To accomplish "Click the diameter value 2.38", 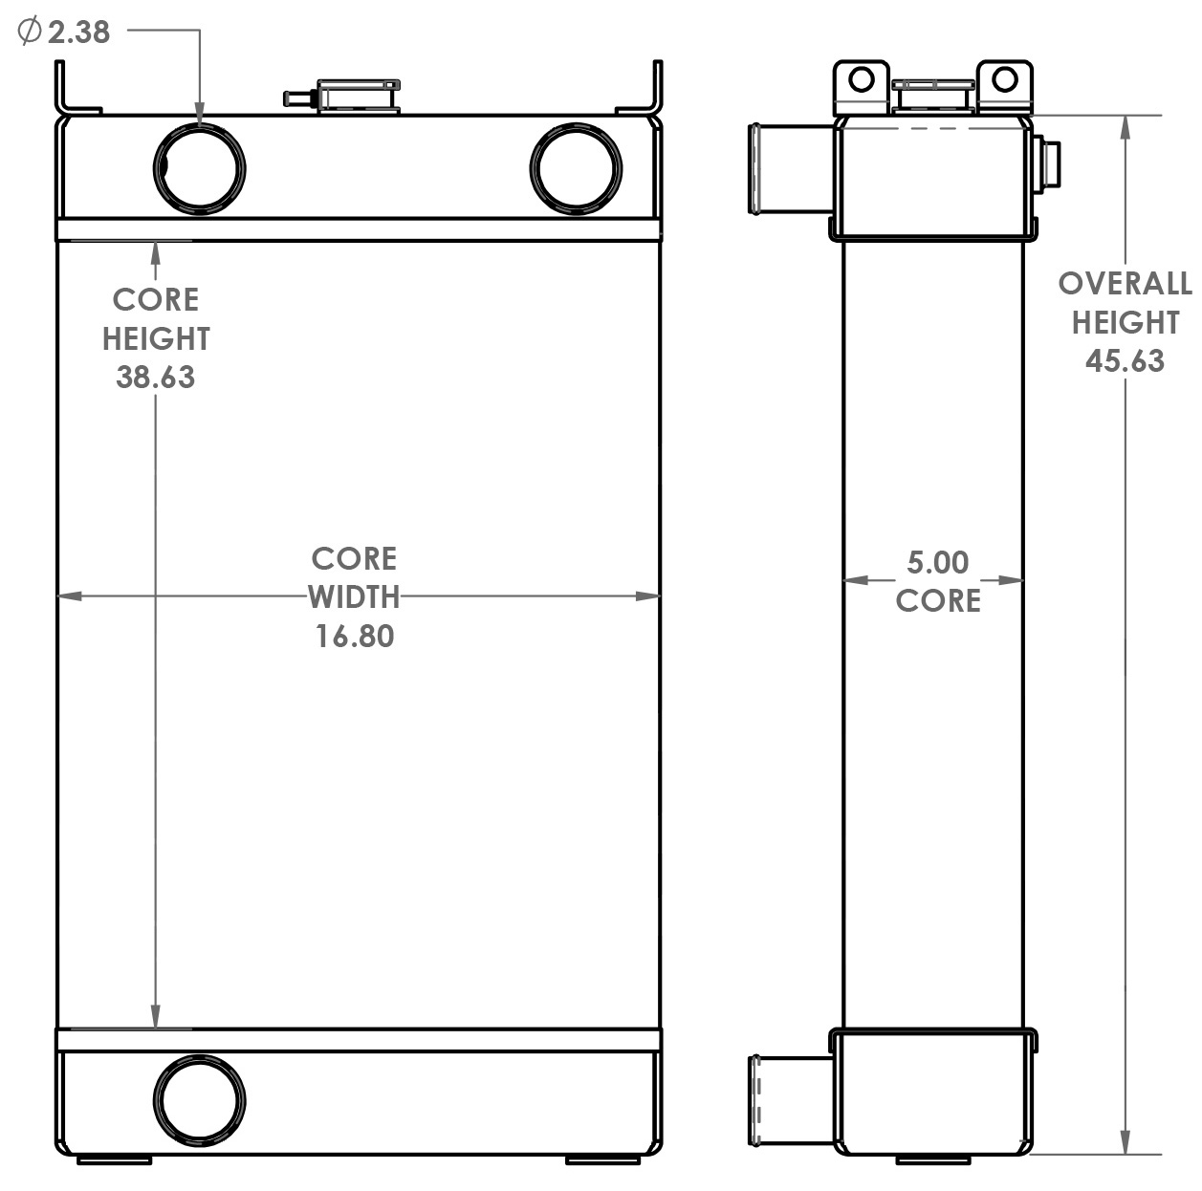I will pyautogui.click(x=78, y=32).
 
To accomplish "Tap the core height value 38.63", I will pyautogui.click(x=155, y=377).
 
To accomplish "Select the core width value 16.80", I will pyautogui.click(x=355, y=636).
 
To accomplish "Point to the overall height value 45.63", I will pyautogui.click(x=1125, y=360).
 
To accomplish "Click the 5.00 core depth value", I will pyautogui.click(x=937, y=562).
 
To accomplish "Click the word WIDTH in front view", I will pyautogui.click(x=354, y=597).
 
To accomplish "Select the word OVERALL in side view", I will pyautogui.click(x=1125, y=284).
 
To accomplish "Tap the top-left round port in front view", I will pyautogui.click(x=199, y=169).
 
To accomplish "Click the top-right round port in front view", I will pyautogui.click(x=576, y=169).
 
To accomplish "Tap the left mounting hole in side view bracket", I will pyautogui.click(x=862, y=79).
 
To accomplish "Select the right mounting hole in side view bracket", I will pyautogui.click(x=1004, y=79).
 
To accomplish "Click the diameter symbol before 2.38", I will pyautogui.click(x=30, y=32).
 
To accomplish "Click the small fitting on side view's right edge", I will pyautogui.click(x=1048, y=163).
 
